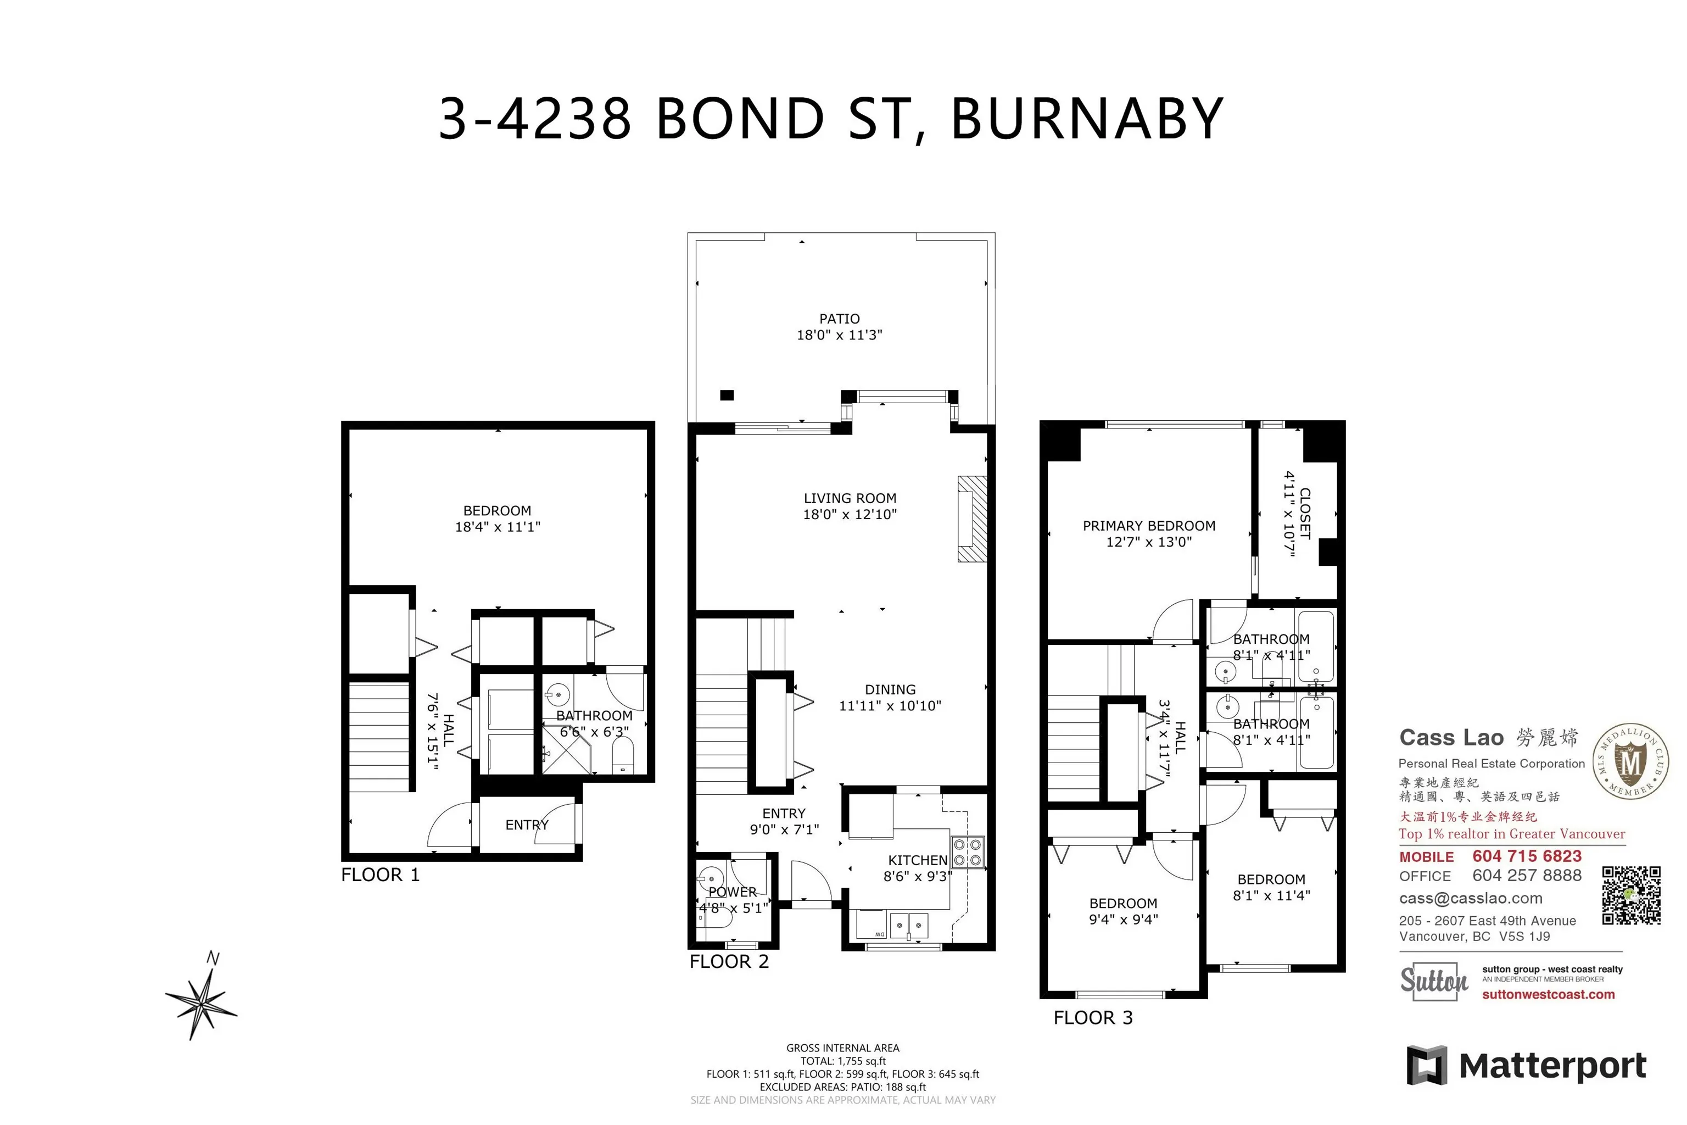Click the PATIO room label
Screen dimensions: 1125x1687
839,319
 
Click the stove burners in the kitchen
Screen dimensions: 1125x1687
967,853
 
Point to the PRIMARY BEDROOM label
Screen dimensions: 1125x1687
1148,526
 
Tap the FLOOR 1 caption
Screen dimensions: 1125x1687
380,875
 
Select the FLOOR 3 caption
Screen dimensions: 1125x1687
1092,1017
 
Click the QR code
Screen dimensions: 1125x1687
1631,895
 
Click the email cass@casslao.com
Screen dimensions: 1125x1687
1471,898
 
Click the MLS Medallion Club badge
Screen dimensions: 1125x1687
1630,761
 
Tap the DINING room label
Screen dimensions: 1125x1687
890,689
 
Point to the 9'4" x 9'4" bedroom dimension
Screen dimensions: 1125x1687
1123,919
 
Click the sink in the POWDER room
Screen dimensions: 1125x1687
710,878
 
